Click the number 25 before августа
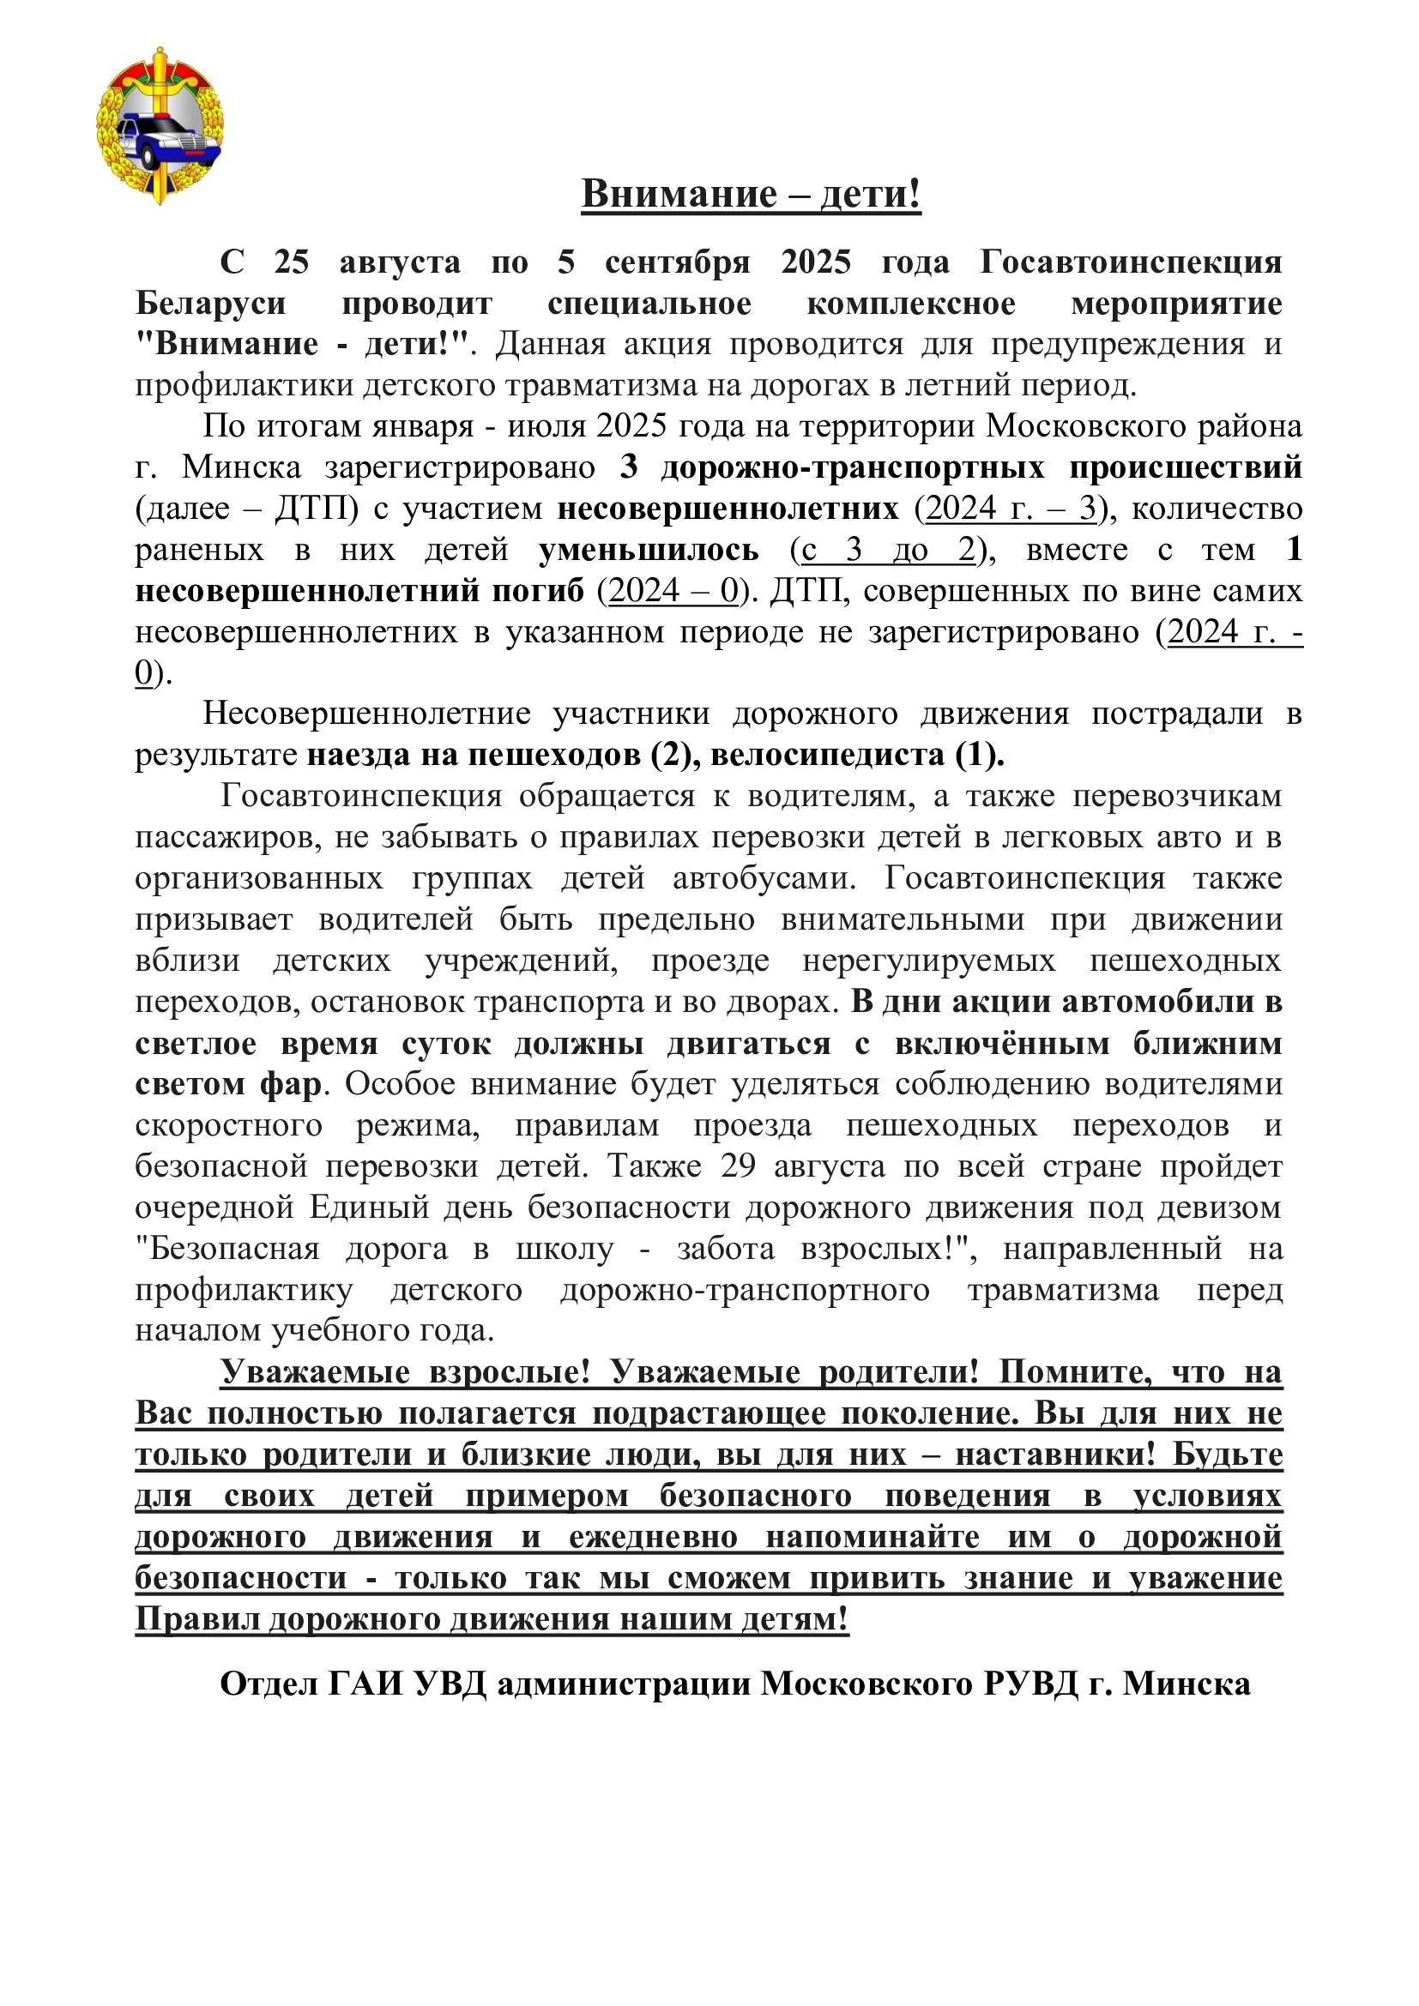292,262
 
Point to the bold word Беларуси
210,303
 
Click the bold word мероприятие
1176,303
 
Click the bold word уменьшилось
649,550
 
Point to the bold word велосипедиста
826,755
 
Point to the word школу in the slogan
565,1249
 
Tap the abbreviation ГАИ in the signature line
366,1684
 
